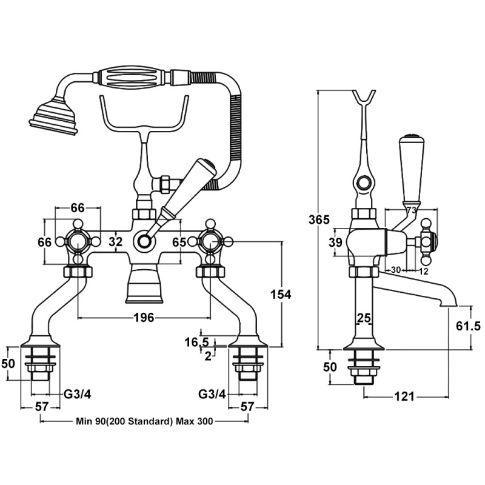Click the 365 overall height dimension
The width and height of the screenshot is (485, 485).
pos(319,219)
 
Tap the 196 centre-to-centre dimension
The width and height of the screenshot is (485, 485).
pos(144,317)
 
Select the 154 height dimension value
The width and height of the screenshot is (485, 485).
pos(281,295)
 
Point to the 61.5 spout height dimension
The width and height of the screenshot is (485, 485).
pos(468,326)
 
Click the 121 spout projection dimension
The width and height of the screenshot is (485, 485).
pos(404,396)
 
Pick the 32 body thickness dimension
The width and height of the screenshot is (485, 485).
pos(116,241)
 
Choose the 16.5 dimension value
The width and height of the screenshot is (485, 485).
pos(196,343)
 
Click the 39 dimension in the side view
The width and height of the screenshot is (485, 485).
pos(335,242)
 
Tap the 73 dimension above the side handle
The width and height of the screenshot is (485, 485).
pos(411,210)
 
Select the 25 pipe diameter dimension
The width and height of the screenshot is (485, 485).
pos(364,318)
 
